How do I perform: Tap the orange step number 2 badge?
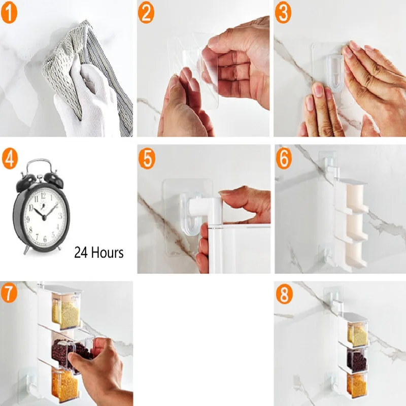click(146, 13)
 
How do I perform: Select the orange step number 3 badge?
click(283, 13)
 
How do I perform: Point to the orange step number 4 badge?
click(10, 159)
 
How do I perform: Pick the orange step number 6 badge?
click(284, 159)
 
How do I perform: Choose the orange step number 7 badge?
click(9, 294)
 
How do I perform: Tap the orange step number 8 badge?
click(284, 295)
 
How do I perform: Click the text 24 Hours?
click(98, 252)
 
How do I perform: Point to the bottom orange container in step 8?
click(357, 386)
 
